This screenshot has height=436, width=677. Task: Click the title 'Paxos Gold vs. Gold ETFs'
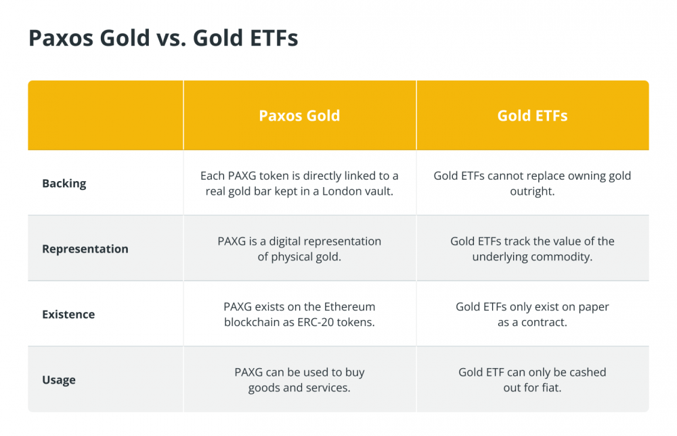point(163,38)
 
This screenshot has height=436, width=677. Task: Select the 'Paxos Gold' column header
point(299,115)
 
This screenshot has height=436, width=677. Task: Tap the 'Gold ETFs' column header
point(532,115)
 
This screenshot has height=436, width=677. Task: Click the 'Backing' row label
point(64,183)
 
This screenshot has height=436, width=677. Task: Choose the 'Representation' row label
point(85,249)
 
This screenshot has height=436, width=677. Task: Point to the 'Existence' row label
point(68,315)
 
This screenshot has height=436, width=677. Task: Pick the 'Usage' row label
point(59,380)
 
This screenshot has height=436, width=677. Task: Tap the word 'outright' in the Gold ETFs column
point(532,191)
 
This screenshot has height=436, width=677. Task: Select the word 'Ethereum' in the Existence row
point(350,306)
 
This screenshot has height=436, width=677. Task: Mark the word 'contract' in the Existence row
point(544,322)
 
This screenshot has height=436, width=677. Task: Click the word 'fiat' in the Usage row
point(551,388)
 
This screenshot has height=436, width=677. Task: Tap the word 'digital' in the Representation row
point(284,241)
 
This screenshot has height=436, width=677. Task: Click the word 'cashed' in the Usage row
point(588,372)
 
